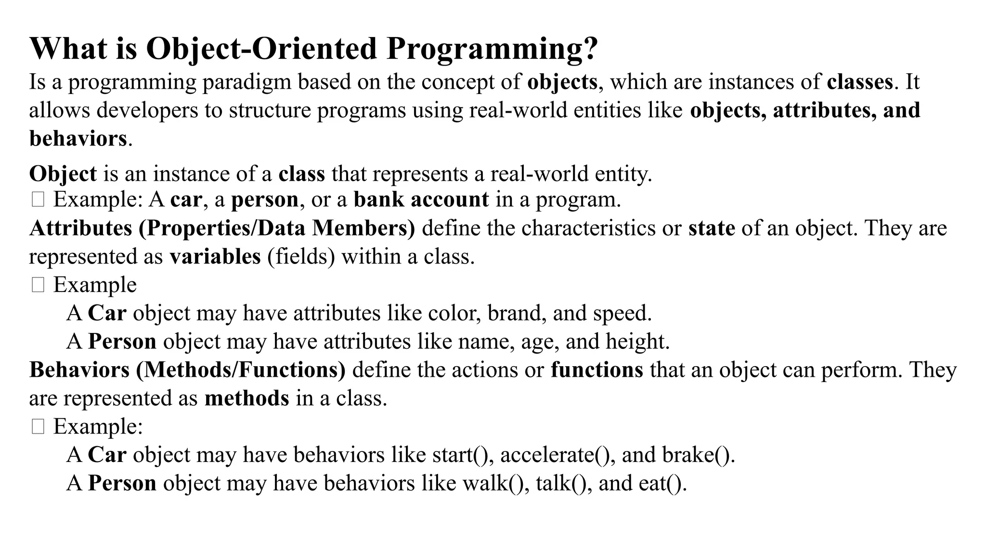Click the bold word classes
click(x=860, y=82)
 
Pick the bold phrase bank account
click(x=421, y=199)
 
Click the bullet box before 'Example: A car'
click(x=38, y=199)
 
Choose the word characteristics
click(x=588, y=228)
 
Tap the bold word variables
click(x=215, y=256)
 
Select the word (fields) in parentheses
click(x=301, y=256)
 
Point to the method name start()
click(x=463, y=455)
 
